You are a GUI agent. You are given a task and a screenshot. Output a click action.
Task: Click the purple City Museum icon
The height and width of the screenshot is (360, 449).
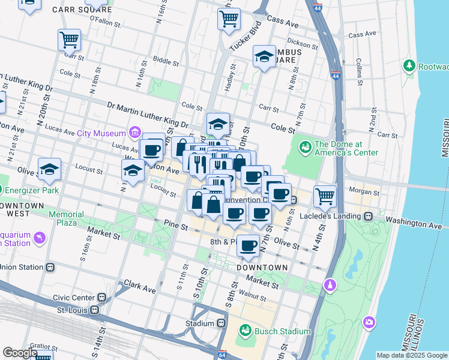pos(134,133)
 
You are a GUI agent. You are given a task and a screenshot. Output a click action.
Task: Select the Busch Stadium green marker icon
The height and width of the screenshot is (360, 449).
pos(245,331)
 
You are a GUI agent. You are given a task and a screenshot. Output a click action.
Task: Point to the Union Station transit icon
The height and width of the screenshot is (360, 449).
pos(50,267)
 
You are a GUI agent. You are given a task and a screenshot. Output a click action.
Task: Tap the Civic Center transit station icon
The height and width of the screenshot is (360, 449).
pos(103,297)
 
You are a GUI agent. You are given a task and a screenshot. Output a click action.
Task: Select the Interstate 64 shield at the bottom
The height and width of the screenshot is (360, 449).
pos(223,355)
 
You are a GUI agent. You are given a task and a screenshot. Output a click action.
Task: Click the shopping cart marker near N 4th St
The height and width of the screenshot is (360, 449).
pos(325,195)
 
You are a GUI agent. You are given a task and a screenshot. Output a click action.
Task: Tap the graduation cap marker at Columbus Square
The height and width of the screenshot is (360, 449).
pos(264,57)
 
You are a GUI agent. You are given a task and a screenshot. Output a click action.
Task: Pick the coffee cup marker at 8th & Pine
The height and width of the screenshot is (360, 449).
pos(248,245)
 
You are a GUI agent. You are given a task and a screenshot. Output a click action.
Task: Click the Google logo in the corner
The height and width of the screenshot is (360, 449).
pos(20,353)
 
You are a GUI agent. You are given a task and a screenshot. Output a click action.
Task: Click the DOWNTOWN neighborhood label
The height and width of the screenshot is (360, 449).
pos(260,267)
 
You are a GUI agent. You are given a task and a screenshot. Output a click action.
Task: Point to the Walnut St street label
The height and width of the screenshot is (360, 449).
pos(252,296)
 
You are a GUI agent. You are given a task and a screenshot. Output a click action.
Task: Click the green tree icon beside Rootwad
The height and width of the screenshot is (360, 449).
pos(410,65)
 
